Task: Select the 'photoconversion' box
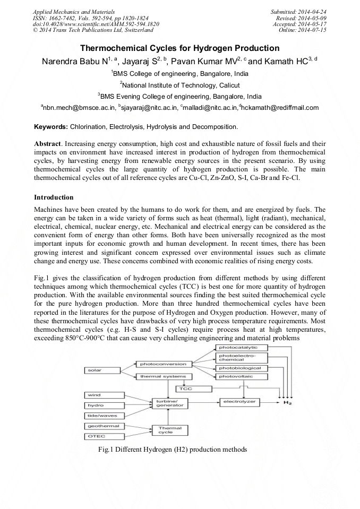[x=162, y=364]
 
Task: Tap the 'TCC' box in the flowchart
[x=185, y=389]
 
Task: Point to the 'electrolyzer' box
[x=239, y=402]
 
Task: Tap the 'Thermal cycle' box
[x=166, y=429]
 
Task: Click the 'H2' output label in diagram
[x=287, y=403]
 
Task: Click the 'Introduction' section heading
[x=54, y=197]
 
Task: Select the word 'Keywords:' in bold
[x=51, y=127]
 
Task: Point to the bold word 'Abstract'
[x=47, y=144]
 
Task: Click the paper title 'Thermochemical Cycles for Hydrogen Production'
[x=179, y=48]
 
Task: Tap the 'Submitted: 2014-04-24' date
[x=299, y=11]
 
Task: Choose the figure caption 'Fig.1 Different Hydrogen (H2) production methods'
[x=172, y=450]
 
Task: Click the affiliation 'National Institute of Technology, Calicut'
[x=179, y=85]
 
